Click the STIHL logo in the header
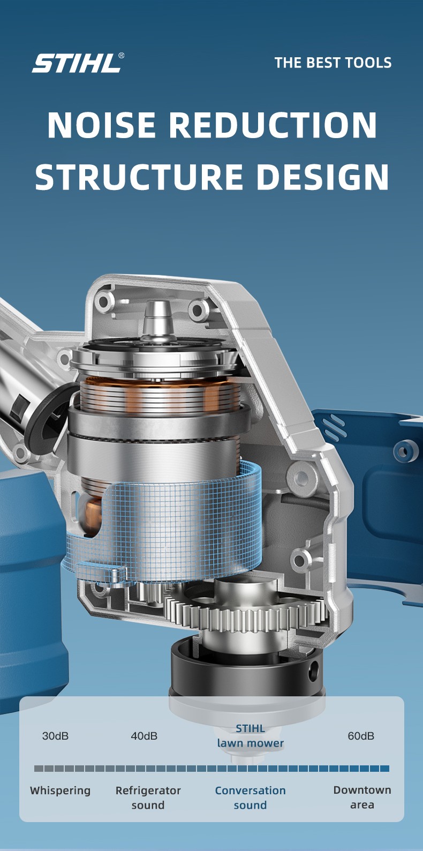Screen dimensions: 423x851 76,63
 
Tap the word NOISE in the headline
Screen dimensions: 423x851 102,125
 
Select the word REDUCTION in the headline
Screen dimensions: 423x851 273,125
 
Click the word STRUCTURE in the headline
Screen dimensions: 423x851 139,177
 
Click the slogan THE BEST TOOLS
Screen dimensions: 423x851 333,63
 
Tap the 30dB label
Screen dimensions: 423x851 56,736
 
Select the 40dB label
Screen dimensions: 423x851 144,736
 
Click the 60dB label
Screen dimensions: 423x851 361,736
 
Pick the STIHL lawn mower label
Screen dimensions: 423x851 251,736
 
